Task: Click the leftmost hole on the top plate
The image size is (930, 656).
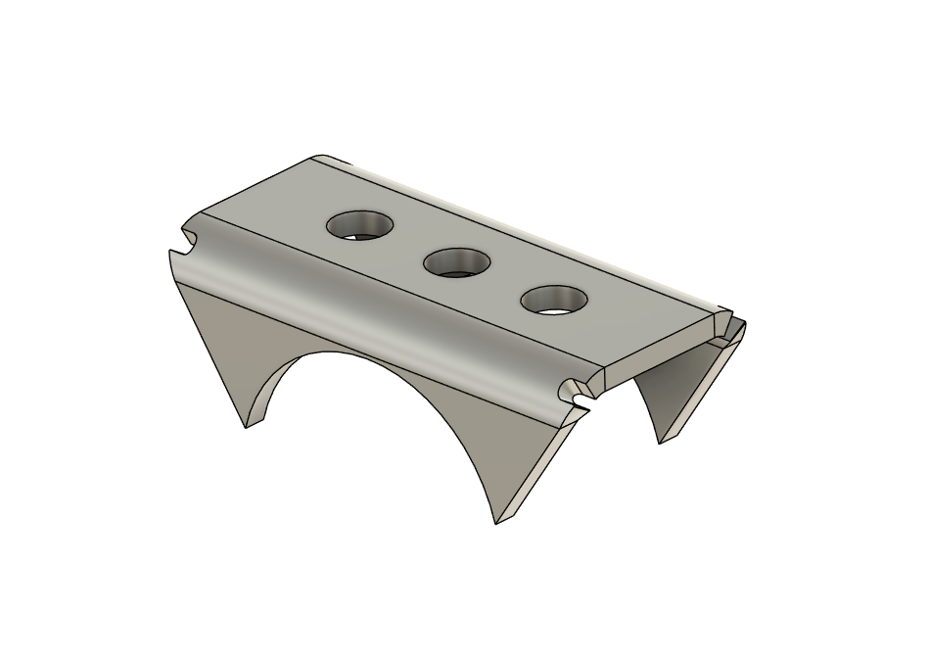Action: (360, 225)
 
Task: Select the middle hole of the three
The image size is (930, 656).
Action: (457, 261)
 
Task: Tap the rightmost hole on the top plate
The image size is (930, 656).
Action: (555, 299)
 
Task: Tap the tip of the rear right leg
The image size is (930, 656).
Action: (663, 441)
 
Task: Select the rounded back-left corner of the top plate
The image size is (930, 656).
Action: (323, 160)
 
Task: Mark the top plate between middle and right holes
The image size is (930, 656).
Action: (506, 281)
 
